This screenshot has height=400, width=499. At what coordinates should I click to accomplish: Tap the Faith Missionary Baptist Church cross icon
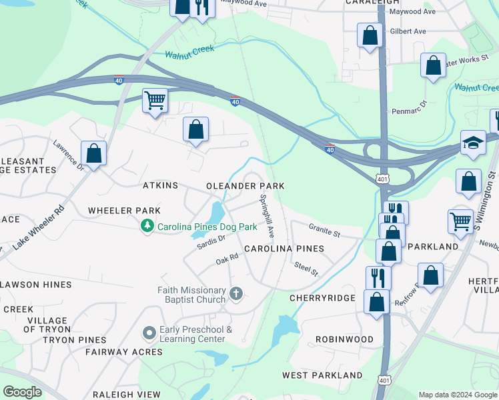235,293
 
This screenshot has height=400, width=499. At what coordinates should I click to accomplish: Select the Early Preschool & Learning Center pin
149,332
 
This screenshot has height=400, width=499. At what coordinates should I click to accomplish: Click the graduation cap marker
473,143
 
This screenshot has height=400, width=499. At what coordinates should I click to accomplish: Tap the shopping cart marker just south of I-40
155,101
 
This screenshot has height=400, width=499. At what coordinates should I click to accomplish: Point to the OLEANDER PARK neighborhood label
245,186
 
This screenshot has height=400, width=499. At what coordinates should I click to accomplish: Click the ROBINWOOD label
345,339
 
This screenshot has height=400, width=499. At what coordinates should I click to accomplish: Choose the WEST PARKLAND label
322,375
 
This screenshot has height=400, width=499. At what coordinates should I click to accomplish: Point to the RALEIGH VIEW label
126,395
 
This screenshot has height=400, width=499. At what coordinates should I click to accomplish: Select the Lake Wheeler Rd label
39,227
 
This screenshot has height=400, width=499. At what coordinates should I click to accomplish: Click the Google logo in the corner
22,392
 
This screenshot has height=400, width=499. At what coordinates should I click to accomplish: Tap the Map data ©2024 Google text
457,395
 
